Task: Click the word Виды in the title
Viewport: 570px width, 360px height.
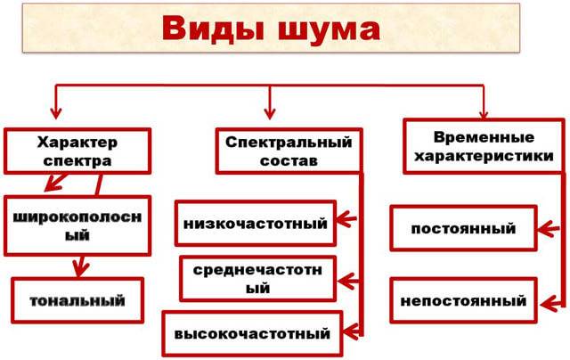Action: click(213, 29)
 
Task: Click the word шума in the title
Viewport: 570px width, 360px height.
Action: click(330, 29)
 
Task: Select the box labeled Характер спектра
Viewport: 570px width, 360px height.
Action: click(77, 151)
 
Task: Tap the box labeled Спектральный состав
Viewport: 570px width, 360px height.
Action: click(289, 151)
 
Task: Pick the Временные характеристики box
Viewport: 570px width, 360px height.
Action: click(484, 146)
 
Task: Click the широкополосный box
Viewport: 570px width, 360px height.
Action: click(77, 225)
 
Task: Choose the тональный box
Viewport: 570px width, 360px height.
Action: click(77, 300)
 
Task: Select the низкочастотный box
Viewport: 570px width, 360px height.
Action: click(256, 224)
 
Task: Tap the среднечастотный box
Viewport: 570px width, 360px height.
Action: click(257, 279)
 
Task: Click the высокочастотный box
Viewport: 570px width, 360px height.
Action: click(252, 333)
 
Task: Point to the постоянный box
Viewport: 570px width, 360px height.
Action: click(463, 228)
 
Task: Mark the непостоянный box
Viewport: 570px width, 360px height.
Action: click(463, 300)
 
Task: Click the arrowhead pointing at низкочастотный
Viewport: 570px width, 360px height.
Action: click(346, 219)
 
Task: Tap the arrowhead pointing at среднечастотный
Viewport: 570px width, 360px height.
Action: click(346, 281)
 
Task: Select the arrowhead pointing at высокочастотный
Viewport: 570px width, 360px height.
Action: click(351, 331)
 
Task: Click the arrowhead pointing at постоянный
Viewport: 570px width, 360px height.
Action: click(547, 229)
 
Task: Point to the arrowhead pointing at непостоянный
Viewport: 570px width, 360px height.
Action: click(550, 304)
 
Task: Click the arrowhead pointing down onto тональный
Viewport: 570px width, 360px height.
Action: click(80, 268)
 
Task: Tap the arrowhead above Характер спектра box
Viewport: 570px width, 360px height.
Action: click(55, 113)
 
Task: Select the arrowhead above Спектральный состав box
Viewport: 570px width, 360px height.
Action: click(269, 113)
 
